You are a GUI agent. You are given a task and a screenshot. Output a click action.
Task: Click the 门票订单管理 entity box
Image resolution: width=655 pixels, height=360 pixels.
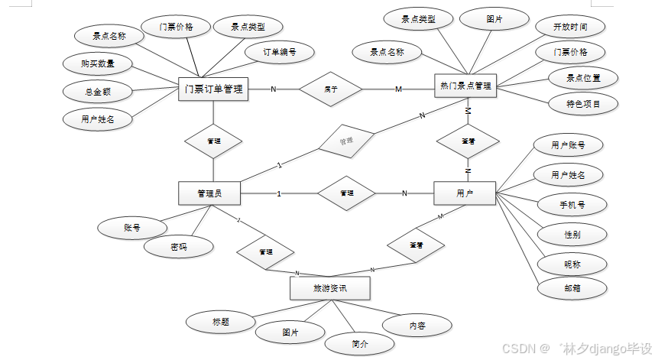(x=213, y=89)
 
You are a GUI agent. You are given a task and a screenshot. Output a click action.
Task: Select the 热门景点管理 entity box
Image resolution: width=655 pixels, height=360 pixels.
(x=465, y=87)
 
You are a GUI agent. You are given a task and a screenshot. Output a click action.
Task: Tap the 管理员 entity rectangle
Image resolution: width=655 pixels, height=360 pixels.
(x=209, y=193)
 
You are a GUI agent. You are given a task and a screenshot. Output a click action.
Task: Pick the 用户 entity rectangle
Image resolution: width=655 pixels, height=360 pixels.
(x=464, y=193)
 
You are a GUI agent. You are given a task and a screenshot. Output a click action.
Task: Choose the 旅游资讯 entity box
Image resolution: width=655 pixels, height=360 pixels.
(x=330, y=288)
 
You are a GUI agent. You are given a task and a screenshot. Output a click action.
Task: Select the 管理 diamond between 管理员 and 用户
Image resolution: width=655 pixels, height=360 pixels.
(x=346, y=193)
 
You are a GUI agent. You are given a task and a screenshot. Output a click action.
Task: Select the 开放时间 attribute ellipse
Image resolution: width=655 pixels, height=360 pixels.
(x=571, y=27)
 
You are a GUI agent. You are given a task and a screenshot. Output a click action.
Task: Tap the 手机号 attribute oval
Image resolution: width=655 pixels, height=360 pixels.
(x=572, y=204)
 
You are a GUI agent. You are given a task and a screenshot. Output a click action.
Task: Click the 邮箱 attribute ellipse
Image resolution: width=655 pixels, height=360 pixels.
(x=572, y=289)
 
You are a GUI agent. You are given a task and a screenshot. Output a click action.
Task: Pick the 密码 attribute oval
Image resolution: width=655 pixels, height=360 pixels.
(x=178, y=246)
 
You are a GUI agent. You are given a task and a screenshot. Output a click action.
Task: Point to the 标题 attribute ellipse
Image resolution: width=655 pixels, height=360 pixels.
(x=222, y=322)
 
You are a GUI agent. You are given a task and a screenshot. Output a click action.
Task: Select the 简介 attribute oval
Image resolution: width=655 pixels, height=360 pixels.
(x=360, y=343)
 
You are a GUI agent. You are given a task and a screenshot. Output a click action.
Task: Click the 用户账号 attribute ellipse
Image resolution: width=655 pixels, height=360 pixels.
(x=569, y=144)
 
